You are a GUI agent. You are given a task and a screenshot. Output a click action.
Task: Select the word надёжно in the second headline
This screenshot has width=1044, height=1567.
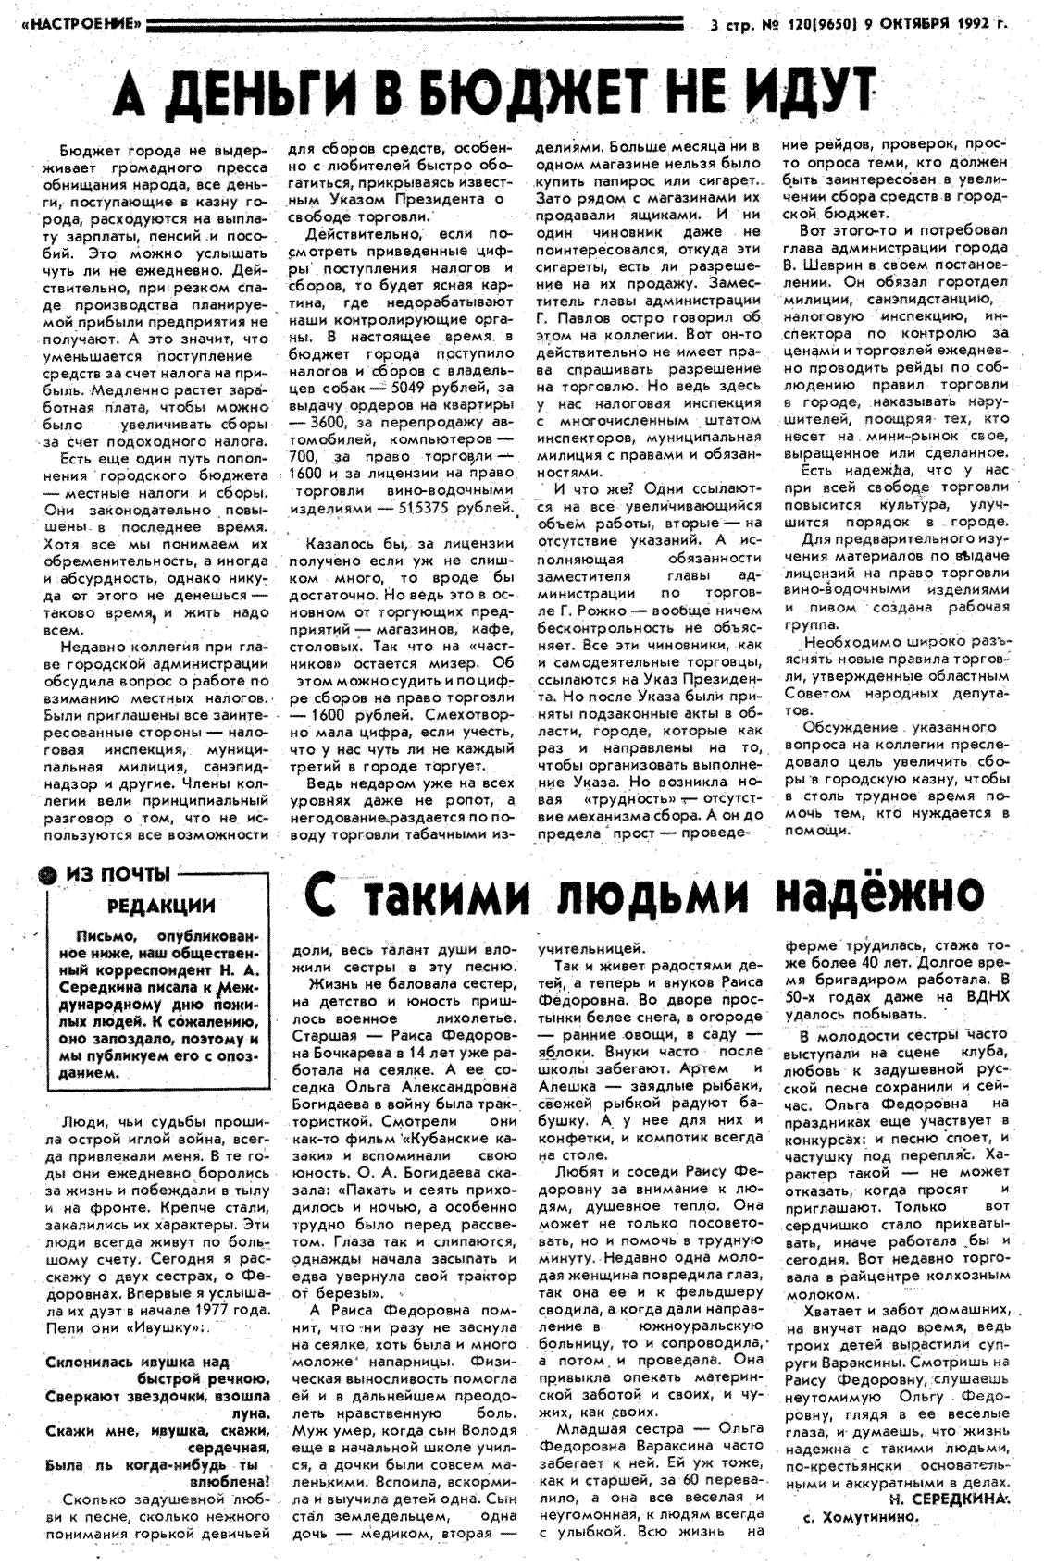tap(876, 895)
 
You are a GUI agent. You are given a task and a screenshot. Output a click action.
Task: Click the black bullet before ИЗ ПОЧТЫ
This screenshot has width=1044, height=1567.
tap(41, 871)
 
